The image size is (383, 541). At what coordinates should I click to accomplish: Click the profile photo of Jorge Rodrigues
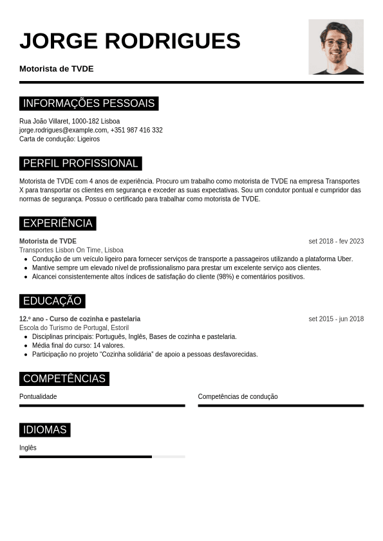(x=336, y=46)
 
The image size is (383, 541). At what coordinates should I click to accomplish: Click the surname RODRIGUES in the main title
(x=172, y=41)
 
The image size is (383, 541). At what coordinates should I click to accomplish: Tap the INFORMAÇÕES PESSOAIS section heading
(x=89, y=104)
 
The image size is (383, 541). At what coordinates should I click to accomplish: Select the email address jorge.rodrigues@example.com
(x=63, y=130)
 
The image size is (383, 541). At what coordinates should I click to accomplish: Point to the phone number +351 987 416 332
(x=136, y=130)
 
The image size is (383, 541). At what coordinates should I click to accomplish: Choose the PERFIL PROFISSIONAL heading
(x=80, y=163)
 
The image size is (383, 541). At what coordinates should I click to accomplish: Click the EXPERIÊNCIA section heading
(x=58, y=224)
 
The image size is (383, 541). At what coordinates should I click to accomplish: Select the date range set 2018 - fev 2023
(x=336, y=241)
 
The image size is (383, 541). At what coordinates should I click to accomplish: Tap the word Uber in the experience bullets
(x=344, y=259)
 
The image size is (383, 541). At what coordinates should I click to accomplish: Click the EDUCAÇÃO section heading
(x=52, y=301)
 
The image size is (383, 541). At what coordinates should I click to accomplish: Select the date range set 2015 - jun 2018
(x=336, y=319)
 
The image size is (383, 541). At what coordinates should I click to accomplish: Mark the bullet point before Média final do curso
(x=26, y=345)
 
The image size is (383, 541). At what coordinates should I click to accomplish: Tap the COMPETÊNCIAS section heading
(x=64, y=379)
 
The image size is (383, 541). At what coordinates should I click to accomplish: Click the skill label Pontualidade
(x=38, y=397)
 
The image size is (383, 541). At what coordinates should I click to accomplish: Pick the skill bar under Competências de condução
(x=281, y=406)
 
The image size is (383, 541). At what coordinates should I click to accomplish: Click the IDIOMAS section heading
(x=45, y=430)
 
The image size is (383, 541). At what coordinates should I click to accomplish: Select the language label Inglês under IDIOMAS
(x=28, y=448)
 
